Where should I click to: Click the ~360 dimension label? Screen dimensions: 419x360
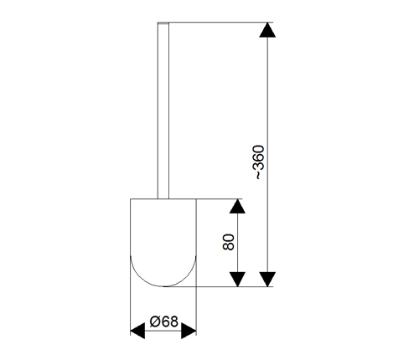pyautogui.click(x=258, y=162)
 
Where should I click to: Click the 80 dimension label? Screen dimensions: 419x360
pyautogui.click(x=229, y=242)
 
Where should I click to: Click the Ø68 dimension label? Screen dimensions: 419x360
pyautogui.click(x=163, y=321)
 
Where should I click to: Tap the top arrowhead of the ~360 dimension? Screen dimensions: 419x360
pyautogui.click(x=267, y=30)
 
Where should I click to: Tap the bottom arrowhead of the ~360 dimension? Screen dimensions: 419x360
pyautogui.click(x=267, y=279)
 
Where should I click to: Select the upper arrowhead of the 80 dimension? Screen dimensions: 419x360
pyautogui.click(x=237, y=206)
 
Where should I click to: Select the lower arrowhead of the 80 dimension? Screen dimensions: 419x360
pyautogui.click(x=237, y=279)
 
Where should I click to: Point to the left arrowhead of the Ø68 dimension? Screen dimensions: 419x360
pyautogui.click(x=137, y=332)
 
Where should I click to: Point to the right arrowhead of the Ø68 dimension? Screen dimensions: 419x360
pyautogui.click(x=189, y=332)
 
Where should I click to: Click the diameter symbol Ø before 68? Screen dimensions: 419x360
pyautogui.click(x=154, y=321)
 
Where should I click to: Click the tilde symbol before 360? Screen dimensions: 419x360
pyautogui.click(x=259, y=176)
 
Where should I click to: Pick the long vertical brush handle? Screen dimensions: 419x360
pyautogui.click(x=163, y=111)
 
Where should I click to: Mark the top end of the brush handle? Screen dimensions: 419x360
pyautogui.click(x=163, y=23)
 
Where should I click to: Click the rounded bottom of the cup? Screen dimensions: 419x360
pyautogui.click(x=163, y=286)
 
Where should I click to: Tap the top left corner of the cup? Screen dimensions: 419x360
pyautogui.click(x=131, y=199)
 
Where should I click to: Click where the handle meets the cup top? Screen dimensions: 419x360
pyautogui.click(x=163, y=199)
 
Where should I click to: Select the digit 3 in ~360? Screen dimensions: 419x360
pyautogui.click(x=258, y=166)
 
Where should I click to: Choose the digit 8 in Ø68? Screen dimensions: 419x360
pyautogui.click(x=173, y=321)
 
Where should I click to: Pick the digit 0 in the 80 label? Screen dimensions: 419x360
pyautogui.click(x=229, y=238)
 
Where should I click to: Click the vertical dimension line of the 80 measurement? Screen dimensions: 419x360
pyautogui.click(x=237, y=243)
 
